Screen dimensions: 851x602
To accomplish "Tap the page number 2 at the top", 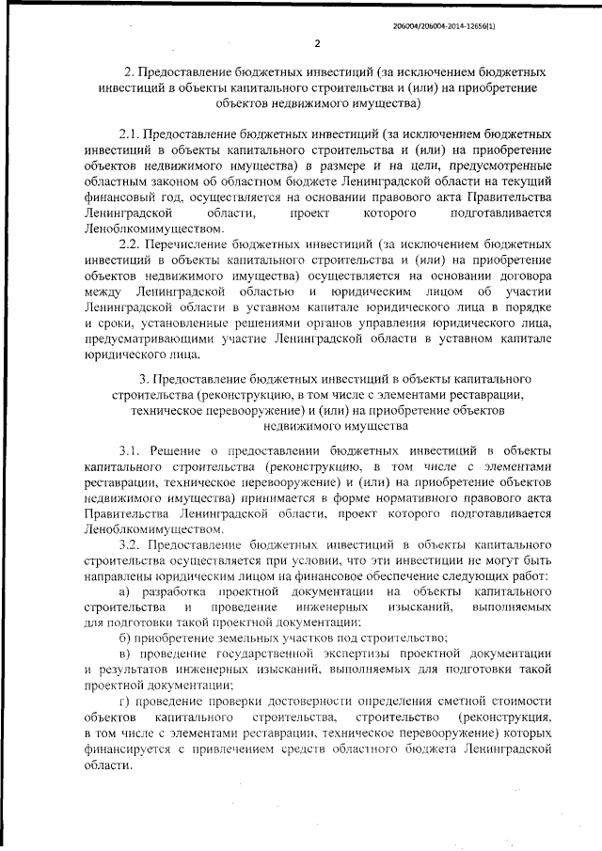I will (317, 43).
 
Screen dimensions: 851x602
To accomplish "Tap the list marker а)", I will (124, 590).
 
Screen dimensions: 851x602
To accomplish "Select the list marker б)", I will (124, 637).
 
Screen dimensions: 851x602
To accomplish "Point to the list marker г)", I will (124, 703).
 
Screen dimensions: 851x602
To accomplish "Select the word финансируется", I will (125, 749).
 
